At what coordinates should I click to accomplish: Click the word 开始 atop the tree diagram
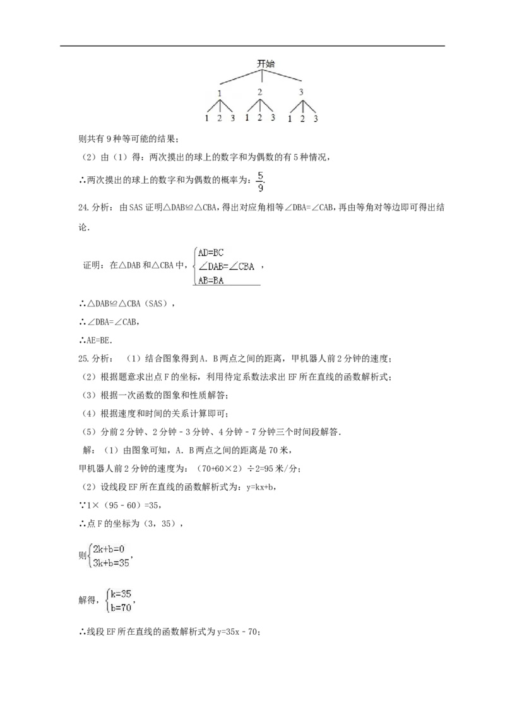tap(266, 64)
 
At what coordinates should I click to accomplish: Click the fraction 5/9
tap(260, 181)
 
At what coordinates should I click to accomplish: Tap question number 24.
tap(83, 208)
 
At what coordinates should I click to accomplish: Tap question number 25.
tap(83, 359)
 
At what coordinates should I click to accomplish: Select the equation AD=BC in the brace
tap(211, 253)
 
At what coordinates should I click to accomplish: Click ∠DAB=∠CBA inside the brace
tap(226, 267)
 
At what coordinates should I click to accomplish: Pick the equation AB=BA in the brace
tap(211, 281)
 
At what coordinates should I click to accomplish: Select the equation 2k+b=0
tap(109, 549)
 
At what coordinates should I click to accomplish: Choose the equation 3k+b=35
tap(111, 563)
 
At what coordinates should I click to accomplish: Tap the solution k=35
tap(121, 594)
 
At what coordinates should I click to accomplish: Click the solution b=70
tap(121, 608)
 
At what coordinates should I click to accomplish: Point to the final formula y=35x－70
tap(237, 632)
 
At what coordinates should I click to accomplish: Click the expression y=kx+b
tap(259, 487)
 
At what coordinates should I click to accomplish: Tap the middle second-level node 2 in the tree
tap(260, 92)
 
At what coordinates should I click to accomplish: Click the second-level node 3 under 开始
tap(301, 92)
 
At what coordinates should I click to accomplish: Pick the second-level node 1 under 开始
tap(220, 93)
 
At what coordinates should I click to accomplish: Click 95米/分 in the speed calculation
tap(284, 469)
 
